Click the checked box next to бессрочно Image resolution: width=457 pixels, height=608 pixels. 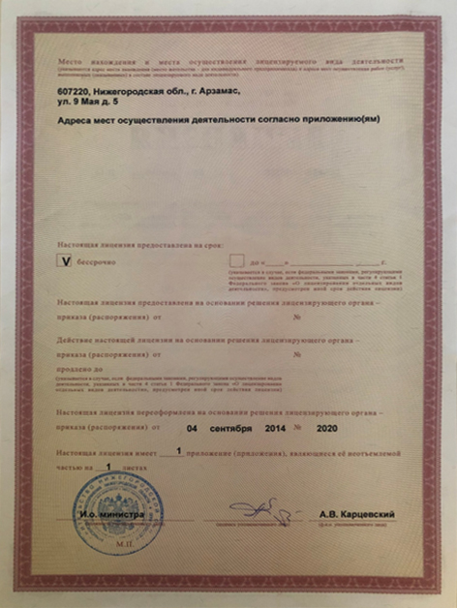65,261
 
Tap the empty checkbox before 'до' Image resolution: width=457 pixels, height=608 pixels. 236,261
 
